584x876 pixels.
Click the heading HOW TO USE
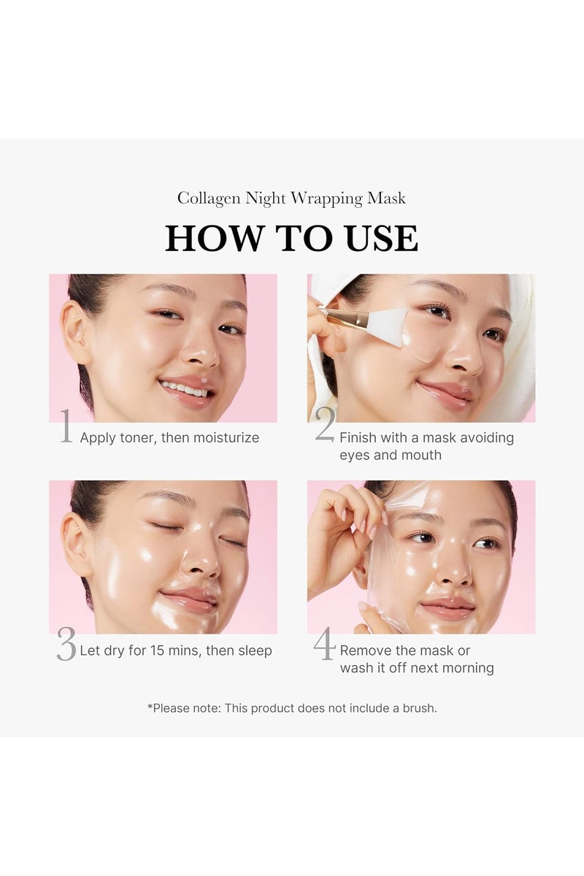[291, 239]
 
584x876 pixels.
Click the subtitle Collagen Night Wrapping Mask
[291, 199]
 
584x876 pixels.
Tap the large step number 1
[66, 428]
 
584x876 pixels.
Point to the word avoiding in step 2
[487, 438]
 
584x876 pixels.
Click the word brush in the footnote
[416, 708]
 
